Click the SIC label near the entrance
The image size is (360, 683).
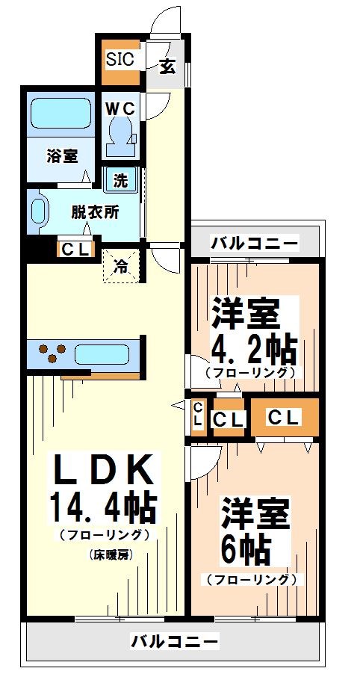pos(120,60)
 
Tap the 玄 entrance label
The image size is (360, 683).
pos(167,66)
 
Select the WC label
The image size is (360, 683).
pos(120,108)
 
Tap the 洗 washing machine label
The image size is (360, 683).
pos(120,180)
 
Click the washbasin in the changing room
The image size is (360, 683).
pos(39,211)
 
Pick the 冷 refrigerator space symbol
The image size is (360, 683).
pos(120,265)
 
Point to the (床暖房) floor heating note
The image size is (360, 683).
pos(109,554)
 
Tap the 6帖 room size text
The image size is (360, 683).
pos(245,551)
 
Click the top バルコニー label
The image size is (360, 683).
pos(254,242)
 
